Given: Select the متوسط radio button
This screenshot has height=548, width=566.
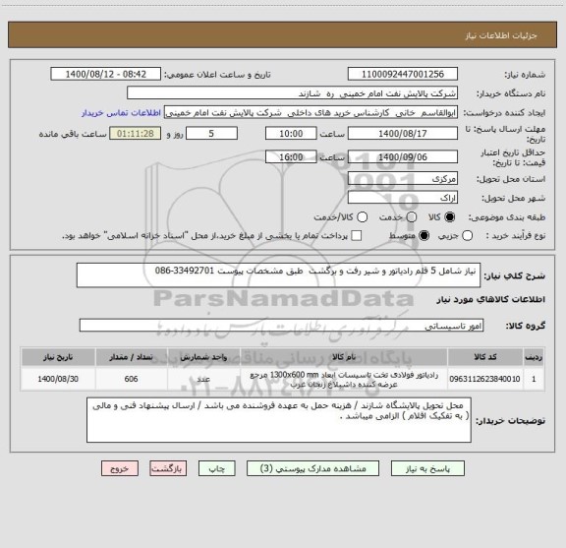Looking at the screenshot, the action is pos(424,236).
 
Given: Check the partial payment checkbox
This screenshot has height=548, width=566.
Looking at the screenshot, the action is pos(357,236).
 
